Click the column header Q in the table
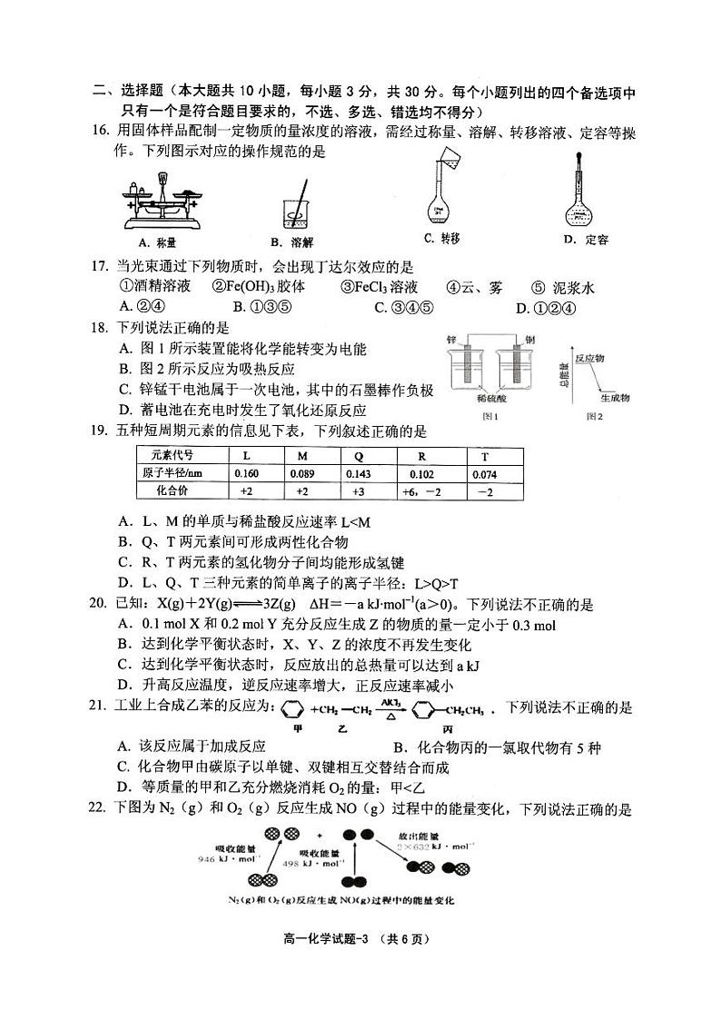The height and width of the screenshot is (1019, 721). click(x=359, y=454)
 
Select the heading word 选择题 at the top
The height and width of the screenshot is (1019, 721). click(x=140, y=92)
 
